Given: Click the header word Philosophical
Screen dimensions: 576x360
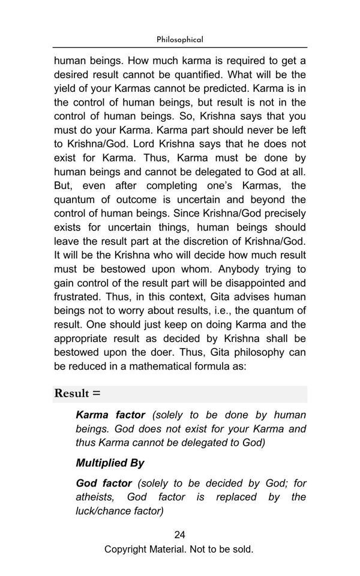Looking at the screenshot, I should pos(179,40).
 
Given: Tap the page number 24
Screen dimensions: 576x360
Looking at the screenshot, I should pos(179,535).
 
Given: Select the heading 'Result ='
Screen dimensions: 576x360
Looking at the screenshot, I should pos(77,394).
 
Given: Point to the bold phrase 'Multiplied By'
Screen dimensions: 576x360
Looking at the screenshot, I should pos(110,463).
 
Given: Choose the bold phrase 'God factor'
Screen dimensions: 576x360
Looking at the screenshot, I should pos(104,483).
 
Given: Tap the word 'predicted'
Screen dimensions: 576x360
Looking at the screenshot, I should pos(242,88).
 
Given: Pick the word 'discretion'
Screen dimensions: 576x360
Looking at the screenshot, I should pos(218,241).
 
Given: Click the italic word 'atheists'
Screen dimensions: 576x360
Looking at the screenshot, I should pos(95,497).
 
